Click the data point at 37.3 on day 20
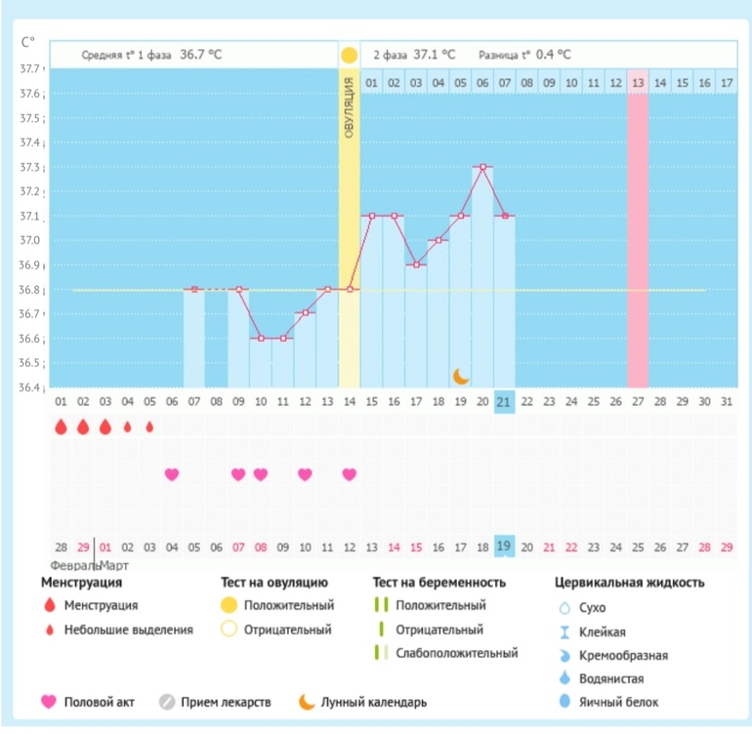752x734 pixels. tap(482, 167)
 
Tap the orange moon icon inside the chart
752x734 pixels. tap(461, 376)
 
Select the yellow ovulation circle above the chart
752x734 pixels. tap(350, 55)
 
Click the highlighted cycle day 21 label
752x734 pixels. tap(505, 400)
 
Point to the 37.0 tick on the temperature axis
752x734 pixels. tap(31, 240)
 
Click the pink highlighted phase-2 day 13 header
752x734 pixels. tap(638, 83)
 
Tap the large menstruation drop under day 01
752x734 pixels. tap(61, 427)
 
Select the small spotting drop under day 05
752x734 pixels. tap(149, 427)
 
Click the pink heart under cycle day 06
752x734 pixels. tap(172, 474)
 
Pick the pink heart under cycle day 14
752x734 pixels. tap(350, 474)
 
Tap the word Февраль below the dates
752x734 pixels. tap(70, 566)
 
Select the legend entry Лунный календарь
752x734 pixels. tap(360, 702)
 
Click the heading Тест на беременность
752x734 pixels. tap(439, 583)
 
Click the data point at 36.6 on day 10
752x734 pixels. tap(261, 339)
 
